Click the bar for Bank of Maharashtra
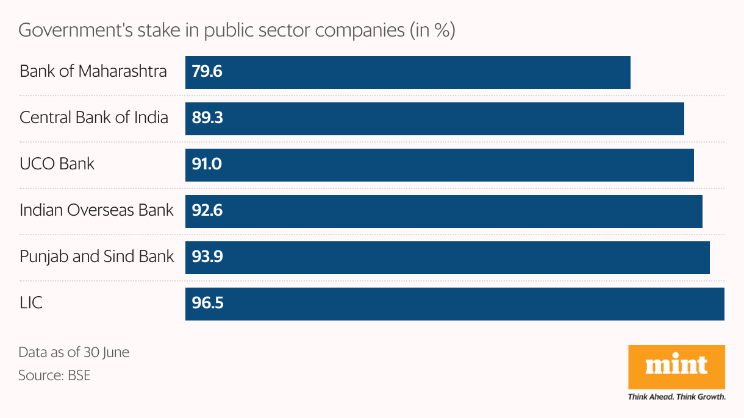[407, 73]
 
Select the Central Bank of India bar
[434, 118]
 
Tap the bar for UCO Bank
[439, 165]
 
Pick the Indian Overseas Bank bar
[443, 211]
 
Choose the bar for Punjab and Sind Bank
[447, 257]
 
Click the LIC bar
[454, 303]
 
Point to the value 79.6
[207, 73]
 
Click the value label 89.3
[207, 118]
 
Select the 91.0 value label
[207, 165]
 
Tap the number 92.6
[207, 211]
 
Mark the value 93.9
[207, 257]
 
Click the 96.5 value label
[207, 303]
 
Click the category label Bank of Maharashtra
[93, 71]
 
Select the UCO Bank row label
[57, 164]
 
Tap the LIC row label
[31, 303]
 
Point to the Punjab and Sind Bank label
[97, 257]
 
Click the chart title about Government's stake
[237, 30]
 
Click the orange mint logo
[676, 367]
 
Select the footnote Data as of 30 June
[74, 353]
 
